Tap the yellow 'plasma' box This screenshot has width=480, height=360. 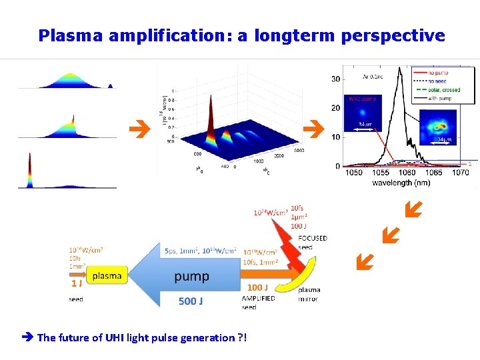pos(107,275)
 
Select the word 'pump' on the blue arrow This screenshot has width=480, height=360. pos(191,276)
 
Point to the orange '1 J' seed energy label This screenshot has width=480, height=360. pos(77,283)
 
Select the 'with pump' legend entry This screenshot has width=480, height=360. pos(443,97)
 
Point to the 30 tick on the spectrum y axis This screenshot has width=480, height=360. pos(335,79)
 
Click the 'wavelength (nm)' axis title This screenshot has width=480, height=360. pos(401,183)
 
